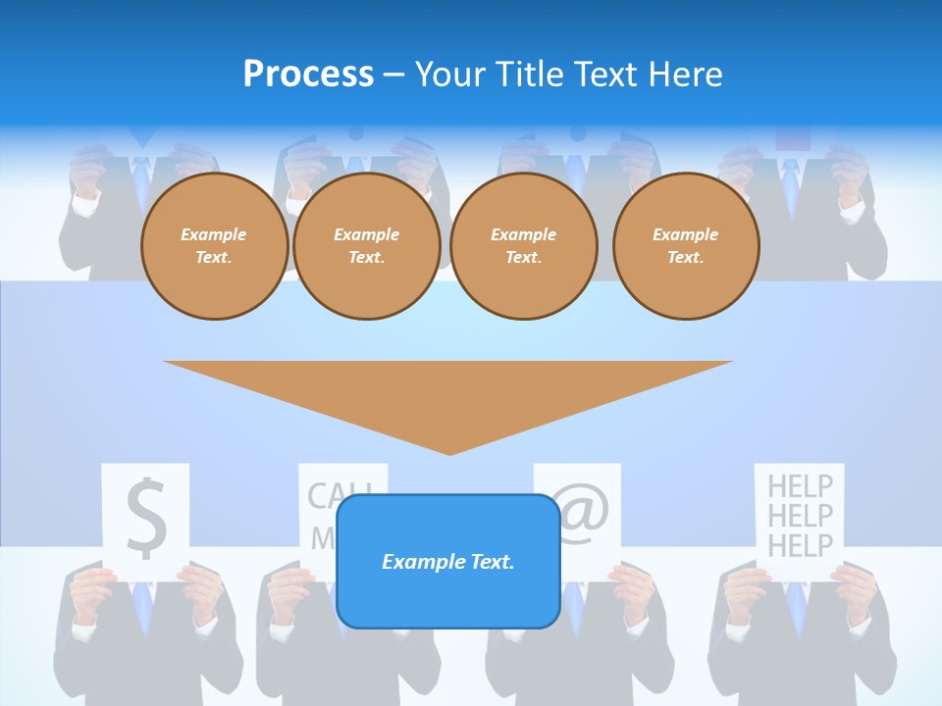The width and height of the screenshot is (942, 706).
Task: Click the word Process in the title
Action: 308,75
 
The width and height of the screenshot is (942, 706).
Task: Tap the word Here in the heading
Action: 684,75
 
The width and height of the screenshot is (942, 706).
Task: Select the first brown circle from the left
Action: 214,246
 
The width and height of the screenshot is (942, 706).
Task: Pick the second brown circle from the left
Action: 366,246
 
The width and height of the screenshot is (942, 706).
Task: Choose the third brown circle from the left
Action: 523,246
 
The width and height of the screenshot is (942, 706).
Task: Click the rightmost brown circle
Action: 685,246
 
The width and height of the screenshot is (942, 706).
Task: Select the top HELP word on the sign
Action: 800,485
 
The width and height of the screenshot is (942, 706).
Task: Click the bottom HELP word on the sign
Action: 800,545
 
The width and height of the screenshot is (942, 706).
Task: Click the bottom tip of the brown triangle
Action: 449,452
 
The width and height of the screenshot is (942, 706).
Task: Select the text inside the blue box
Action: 447,562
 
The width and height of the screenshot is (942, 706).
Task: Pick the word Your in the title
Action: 449,75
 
